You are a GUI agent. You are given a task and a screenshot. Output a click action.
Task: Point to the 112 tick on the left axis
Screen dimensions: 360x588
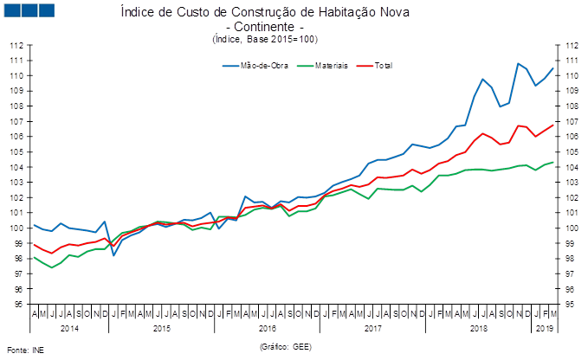[16, 45]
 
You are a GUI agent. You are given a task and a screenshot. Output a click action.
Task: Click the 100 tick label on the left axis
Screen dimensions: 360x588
[16, 228]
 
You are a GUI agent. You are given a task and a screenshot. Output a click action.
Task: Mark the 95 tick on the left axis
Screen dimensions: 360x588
[16, 305]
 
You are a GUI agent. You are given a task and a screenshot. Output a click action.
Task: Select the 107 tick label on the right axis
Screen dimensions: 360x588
[571, 121]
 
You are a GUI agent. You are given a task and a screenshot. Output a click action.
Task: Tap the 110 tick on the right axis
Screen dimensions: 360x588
[571, 75]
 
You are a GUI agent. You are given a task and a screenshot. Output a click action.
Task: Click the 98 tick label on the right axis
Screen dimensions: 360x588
[571, 259]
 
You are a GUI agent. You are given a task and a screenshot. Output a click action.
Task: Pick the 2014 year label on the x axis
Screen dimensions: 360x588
[69, 329]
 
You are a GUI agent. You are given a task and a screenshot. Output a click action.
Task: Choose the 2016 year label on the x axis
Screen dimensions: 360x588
[268, 329]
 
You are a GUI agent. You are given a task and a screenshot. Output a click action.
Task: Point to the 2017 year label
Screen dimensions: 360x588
[372, 329]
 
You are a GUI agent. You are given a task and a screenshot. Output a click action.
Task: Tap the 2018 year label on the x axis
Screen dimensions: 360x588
[478, 329]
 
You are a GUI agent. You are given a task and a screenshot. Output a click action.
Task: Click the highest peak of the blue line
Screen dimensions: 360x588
[518, 63]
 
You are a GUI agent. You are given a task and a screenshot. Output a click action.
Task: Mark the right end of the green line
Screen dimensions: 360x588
[553, 162]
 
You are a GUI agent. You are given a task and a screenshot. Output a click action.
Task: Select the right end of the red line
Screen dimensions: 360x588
[553, 125]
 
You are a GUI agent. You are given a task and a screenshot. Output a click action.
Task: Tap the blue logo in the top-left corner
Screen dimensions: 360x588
[29, 10]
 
